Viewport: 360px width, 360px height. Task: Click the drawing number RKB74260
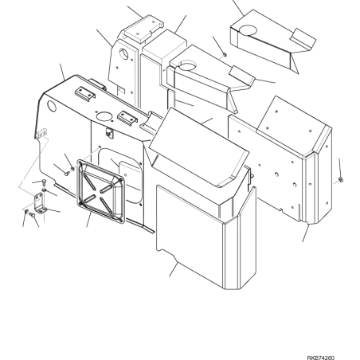321,358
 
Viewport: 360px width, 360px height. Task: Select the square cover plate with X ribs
100,192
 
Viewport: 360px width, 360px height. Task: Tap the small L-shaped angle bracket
40,203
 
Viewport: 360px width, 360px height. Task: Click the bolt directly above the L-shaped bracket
44,182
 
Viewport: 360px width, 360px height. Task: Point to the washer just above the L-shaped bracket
45,190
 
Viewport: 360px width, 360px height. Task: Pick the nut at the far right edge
341,180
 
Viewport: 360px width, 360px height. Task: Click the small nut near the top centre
225,55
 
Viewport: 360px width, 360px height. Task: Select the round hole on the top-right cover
248,30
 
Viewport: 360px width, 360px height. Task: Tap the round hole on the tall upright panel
123,54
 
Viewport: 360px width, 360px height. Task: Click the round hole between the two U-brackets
104,116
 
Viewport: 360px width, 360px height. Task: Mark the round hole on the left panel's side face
52,106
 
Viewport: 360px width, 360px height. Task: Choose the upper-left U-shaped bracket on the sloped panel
85,93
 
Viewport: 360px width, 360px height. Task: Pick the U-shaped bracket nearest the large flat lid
127,118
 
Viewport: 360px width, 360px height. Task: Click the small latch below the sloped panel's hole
109,133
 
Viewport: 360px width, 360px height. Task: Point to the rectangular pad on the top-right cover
303,38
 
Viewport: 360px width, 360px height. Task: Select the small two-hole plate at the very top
143,29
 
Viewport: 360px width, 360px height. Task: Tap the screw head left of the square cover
67,173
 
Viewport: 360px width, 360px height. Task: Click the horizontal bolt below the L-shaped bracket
32,214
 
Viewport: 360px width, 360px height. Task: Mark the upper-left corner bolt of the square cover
80,162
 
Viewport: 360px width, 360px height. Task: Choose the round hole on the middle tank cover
187,65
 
